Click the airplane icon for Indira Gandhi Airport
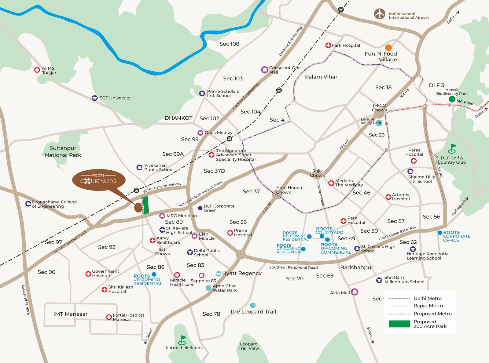pos(380,14)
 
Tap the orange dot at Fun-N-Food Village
pos(388,48)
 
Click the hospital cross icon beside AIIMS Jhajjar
pos(37,70)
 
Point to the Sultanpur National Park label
pos(63,151)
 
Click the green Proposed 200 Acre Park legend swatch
pos(399,324)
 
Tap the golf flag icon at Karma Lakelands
pos(182,340)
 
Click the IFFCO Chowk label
pos(379,107)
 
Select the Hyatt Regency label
pos(242,273)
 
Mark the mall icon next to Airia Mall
pos(355,292)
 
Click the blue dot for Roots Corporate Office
pos(440,233)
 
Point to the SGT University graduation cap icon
pos(95,98)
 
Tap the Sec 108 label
pos(229,44)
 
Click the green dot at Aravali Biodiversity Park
pos(452,99)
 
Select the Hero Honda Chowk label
pos(289,190)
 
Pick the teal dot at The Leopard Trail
pos(253,305)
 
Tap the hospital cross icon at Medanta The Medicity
pos(331,183)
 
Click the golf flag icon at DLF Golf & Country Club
pos(452,149)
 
